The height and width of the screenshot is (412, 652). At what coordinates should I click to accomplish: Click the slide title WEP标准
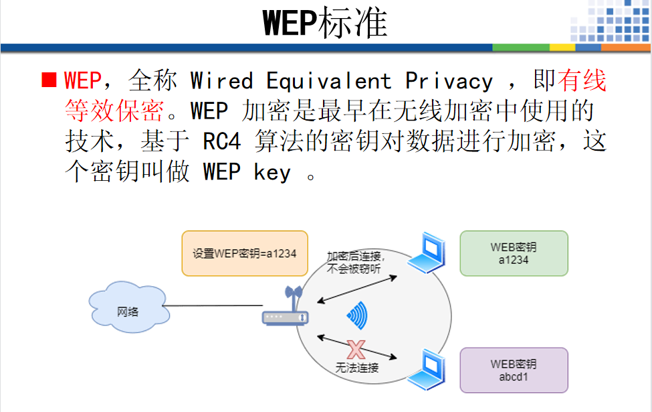[326, 23]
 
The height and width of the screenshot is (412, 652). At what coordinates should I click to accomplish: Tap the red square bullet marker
[48, 80]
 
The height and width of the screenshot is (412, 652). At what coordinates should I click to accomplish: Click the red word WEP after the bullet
[82, 81]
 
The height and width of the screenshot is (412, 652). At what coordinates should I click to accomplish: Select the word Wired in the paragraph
[221, 81]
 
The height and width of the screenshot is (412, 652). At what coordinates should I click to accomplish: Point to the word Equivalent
[328, 81]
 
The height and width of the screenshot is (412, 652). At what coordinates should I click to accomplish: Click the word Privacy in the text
[449, 81]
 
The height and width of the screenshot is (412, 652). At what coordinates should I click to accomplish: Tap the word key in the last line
[272, 173]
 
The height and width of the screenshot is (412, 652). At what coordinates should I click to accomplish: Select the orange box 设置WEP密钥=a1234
[245, 253]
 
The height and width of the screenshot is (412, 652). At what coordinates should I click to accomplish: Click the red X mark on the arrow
[356, 348]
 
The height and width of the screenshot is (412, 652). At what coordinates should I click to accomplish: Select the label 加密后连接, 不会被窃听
[354, 262]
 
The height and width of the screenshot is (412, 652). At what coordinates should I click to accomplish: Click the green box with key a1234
[513, 253]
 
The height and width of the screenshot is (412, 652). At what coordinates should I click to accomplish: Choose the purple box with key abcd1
[513, 370]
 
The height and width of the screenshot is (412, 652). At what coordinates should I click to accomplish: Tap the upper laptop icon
[427, 254]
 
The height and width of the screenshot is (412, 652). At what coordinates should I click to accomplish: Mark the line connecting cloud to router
[213, 307]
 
